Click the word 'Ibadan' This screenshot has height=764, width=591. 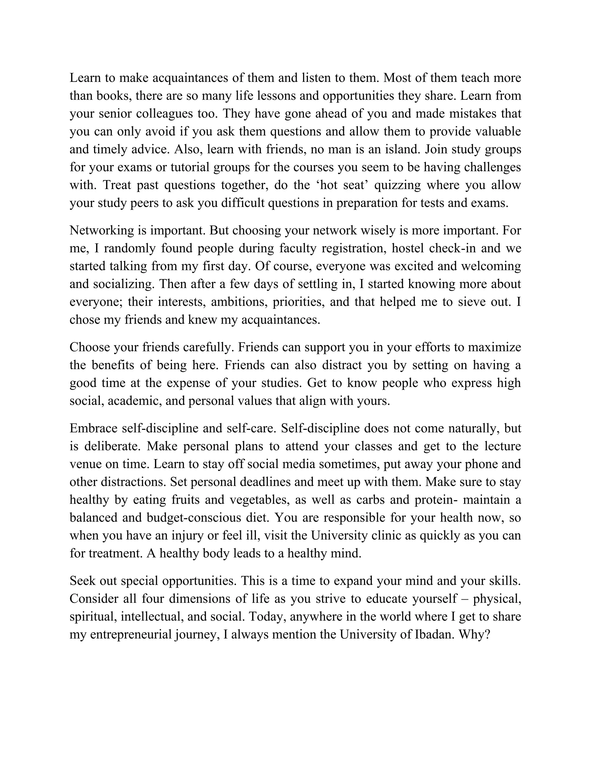(x=434, y=635)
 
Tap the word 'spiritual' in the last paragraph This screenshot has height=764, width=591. (x=92, y=617)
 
